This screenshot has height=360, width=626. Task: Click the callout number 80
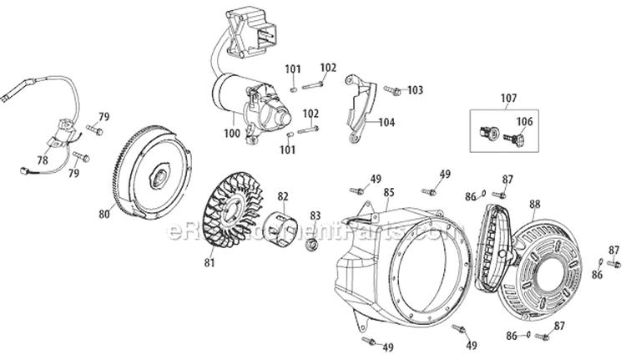(103, 214)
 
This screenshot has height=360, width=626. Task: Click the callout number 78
(43, 160)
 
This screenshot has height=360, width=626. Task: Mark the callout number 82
(283, 197)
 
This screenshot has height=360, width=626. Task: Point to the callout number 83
(316, 215)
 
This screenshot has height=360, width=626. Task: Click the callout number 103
(415, 89)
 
